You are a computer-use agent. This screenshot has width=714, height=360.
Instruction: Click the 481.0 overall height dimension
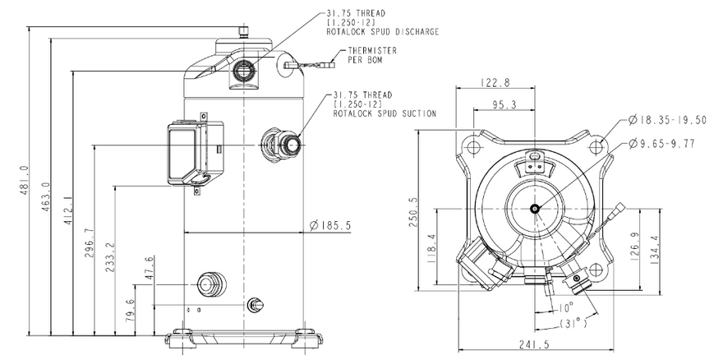click(x=24, y=181)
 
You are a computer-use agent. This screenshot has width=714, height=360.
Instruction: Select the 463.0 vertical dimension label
click(x=45, y=196)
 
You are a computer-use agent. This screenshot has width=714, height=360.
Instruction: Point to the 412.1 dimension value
click(x=67, y=210)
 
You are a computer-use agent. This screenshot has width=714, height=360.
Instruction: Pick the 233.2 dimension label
click(x=111, y=257)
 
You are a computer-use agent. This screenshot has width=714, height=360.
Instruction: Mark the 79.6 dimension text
click(x=131, y=311)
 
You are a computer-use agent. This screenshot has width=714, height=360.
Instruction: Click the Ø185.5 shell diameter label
click(x=330, y=225)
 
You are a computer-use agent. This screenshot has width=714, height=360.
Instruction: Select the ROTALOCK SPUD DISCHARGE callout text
click(x=383, y=32)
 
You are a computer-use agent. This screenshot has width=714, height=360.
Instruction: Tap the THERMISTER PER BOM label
click(x=372, y=55)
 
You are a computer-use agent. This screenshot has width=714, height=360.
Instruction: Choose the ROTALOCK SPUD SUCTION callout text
click(x=385, y=113)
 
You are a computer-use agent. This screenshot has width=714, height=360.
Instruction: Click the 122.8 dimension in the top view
click(x=495, y=82)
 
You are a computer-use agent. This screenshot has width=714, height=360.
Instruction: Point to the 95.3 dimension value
click(x=504, y=105)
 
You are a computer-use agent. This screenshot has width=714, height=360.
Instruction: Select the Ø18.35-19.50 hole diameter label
click(x=667, y=120)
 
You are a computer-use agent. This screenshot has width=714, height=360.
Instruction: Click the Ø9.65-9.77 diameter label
click(x=661, y=144)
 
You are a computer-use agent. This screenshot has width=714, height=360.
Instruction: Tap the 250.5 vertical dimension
click(x=415, y=213)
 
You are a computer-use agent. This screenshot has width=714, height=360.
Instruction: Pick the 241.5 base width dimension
click(x=534, y=344)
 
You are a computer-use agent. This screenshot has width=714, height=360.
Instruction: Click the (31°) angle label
click(x=574, y=324)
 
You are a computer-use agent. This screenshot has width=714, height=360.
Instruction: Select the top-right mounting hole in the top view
click(x=596, y=147)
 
